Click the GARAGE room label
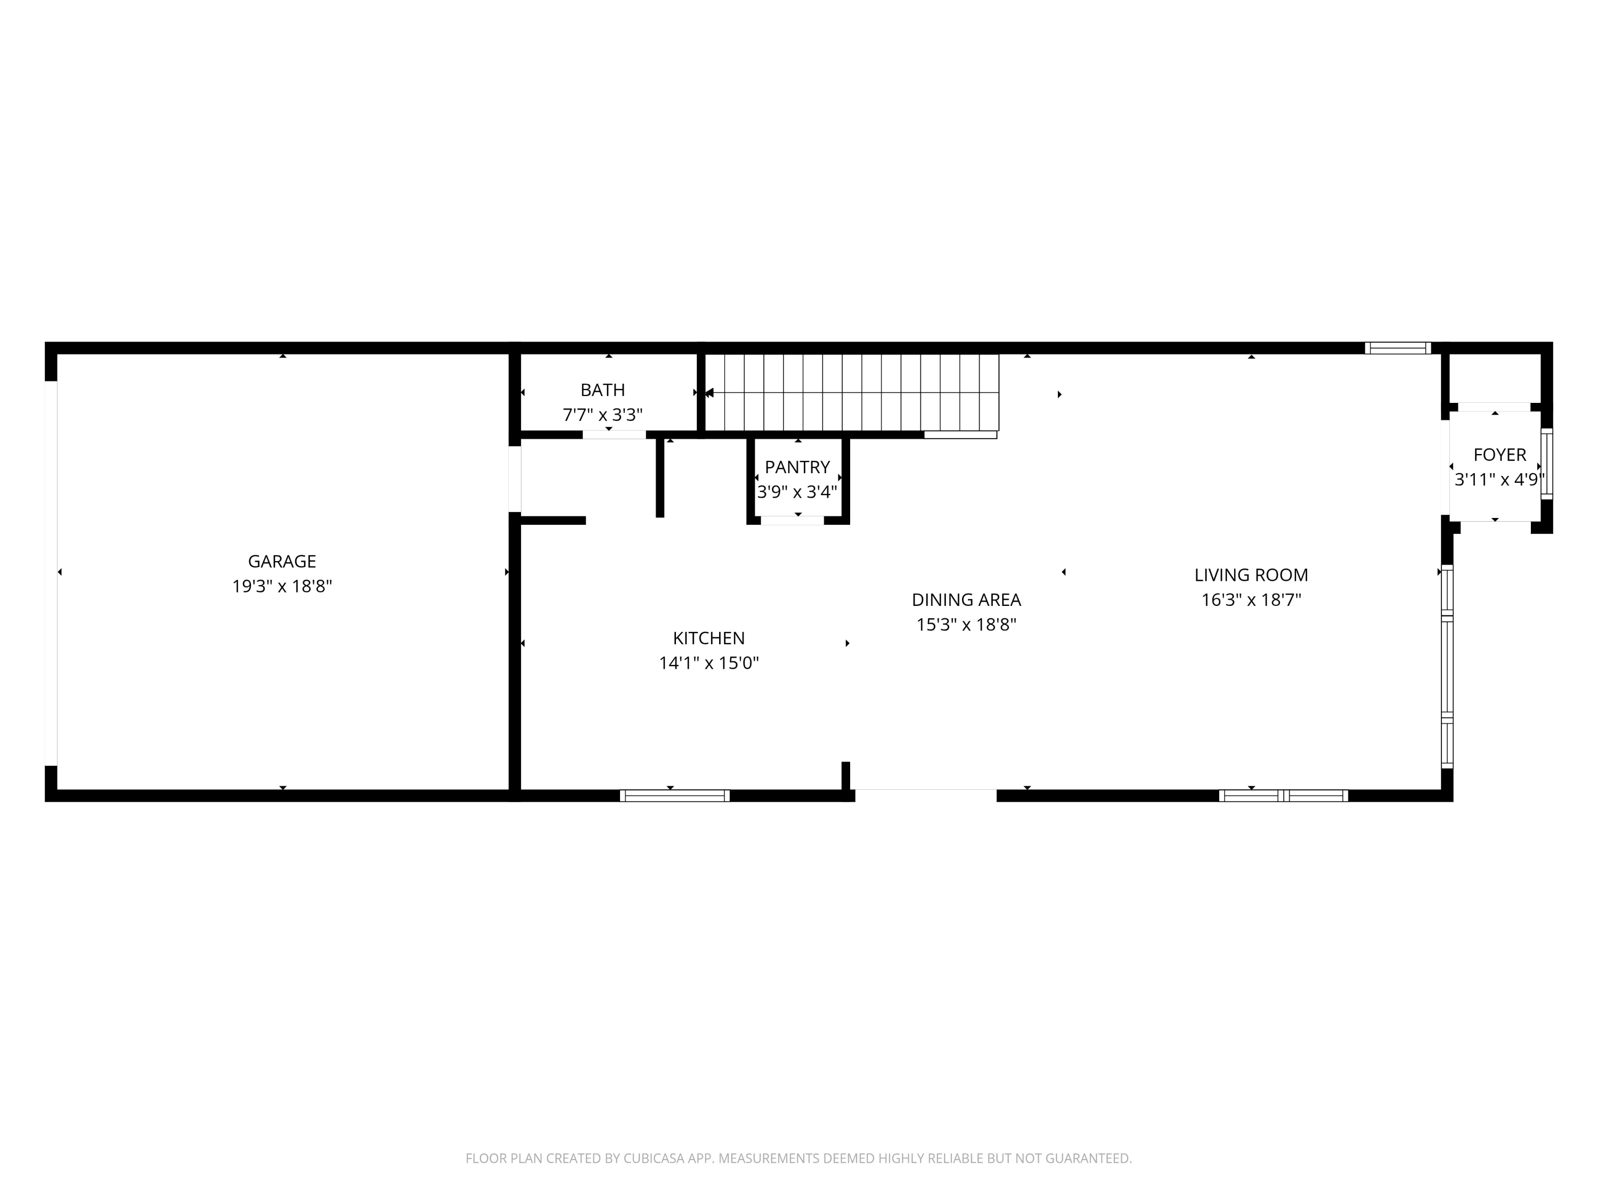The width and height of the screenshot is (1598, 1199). coord(282,562)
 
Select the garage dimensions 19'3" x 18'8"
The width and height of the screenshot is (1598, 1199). coord(282,586)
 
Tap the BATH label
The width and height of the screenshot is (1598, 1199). coord(602,390)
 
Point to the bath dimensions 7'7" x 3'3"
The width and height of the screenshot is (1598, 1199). coord(602,415)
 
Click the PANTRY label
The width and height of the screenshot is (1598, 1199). coord(797,467)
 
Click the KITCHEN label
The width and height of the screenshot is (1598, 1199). coord(708,638)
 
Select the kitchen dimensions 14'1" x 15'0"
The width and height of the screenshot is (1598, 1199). coord(708,663)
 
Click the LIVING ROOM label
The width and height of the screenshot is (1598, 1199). coord(1251,576)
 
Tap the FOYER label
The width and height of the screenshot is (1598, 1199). coord(1500,455)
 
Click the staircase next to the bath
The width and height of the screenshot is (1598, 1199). coord(852,393)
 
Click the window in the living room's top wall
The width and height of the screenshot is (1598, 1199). coord(1398,347)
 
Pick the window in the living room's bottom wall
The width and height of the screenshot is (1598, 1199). coord(1283,796)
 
